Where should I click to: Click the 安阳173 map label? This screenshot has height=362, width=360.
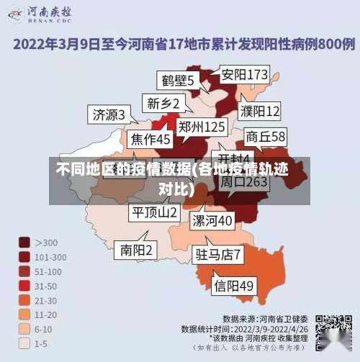pyautogui.click(x=245, y=74)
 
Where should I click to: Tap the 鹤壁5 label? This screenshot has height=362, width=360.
pyautogui.click(x=176, y=80)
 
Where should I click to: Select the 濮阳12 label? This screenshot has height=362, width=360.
pyautogui.click(x=260, y=111)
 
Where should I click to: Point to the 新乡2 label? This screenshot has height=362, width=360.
pyautogui.click(x=163, y=103)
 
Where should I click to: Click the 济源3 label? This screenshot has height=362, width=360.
pyautogui.click(x=109, y=114)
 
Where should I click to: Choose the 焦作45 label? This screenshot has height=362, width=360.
pyautogui.click(x=150, y=138)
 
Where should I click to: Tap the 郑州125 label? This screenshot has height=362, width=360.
pyautogui.click(x=202, y=127)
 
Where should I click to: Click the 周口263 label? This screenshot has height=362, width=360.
pyautogui.click(x=243, y=181)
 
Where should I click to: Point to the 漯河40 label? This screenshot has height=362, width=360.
pyautogui.click(x=212, y=220)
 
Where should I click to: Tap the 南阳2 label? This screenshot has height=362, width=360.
pyautogui.click(x=137, y=250)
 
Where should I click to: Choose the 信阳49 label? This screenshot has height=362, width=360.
pyautogui.click(x=234, y=286)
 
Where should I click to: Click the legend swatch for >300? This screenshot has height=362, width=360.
pyautogui.click(x=24, y=243)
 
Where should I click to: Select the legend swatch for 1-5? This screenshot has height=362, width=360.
pyautogui.click(x=24, y=344)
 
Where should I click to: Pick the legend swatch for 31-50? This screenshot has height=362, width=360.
pyautogui.click(x=24, y=286)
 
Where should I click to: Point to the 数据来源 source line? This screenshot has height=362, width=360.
pyautogui.click(x=266, y=318)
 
